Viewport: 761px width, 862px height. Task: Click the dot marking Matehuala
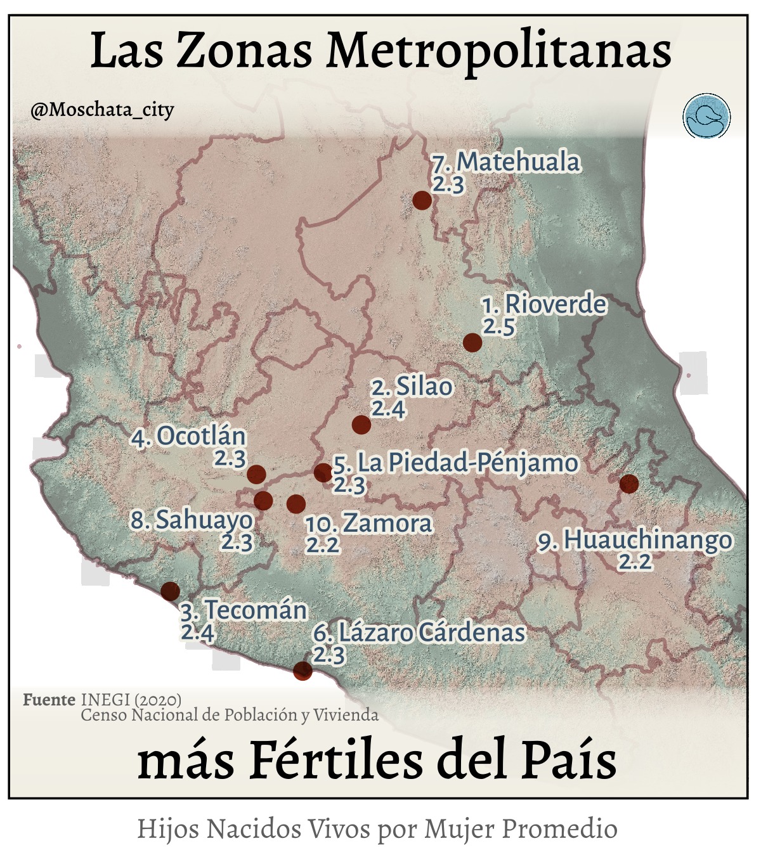422,200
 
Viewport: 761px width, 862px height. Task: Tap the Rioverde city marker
472,342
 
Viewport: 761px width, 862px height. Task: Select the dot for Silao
361,425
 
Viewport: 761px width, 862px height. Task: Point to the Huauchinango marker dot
628,484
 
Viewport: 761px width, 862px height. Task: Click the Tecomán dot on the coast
170,591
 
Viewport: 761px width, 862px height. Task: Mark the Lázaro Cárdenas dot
302,671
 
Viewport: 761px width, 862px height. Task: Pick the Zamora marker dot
296,504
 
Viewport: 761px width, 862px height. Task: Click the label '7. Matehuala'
506,162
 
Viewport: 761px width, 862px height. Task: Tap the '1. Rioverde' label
544,305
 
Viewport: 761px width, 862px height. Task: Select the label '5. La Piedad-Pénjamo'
455,463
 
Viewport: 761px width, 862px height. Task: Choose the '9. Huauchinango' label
635,541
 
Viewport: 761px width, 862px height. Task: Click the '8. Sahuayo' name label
192,520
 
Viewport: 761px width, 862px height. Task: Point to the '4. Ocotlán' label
189,437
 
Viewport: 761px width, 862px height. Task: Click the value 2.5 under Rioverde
499,327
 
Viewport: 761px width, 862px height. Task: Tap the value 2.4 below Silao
388,409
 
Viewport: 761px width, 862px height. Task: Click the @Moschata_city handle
102,110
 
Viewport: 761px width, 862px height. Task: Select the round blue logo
706,117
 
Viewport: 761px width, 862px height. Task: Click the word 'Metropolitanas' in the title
498,51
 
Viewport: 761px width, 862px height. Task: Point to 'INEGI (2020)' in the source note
131,700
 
